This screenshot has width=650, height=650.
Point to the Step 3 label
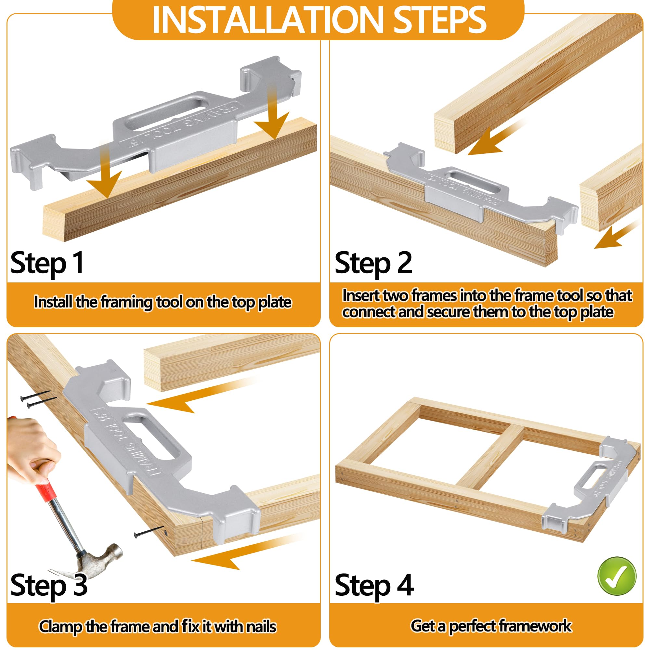tap(49, 586)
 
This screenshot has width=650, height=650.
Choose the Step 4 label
tap(374, 586)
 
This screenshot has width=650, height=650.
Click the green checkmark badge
tap(617, 576)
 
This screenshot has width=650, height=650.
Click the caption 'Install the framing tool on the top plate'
tap(163, 302)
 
